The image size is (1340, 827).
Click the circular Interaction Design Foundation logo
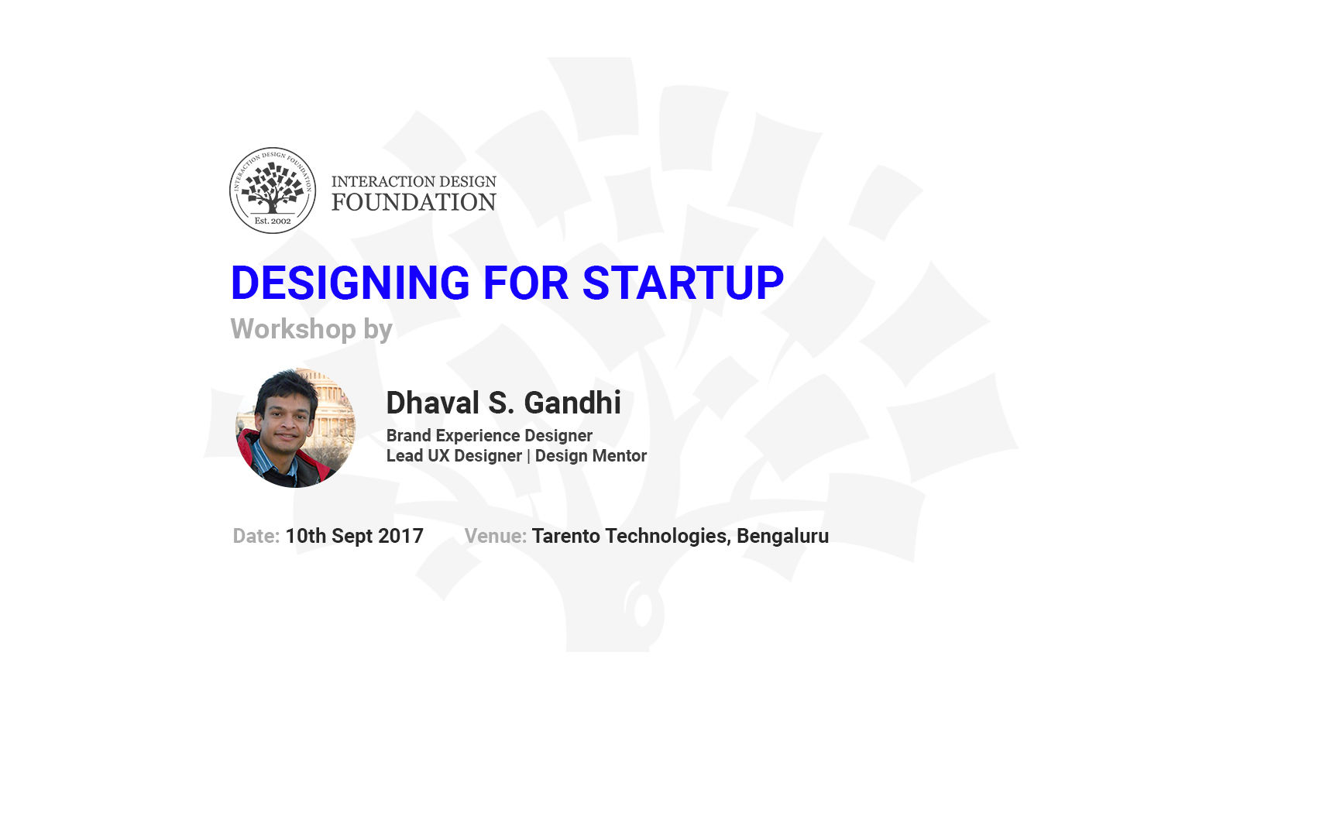click(x=273, y=190)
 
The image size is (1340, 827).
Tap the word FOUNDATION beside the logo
click(x=414, y=202)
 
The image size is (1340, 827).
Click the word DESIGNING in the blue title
click(x=350, y=283)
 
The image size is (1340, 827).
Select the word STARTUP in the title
click(x=683, y=283)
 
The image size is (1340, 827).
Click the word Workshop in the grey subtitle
click(x=294, y=329)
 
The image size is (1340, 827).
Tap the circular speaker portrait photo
click(x=295, y=427)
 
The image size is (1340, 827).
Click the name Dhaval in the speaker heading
click(x=433, y=403)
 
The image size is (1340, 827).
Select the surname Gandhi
click(x=572, y=403)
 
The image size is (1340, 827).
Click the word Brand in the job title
click(x=409, y=435)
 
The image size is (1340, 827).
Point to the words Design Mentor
click(x=591, y=456)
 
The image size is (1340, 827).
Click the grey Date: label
click(x=256, y=536)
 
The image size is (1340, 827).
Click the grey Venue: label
click(x=496, y=536)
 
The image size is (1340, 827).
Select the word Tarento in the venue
click(x=566, y=536)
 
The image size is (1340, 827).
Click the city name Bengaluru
click(x=782, y=536)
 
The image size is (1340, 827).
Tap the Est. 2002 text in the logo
click(x=273, y=221)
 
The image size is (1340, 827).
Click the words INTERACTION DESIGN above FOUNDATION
click(x=414, y=181)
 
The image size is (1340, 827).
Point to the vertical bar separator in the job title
click(x=528, y=456)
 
